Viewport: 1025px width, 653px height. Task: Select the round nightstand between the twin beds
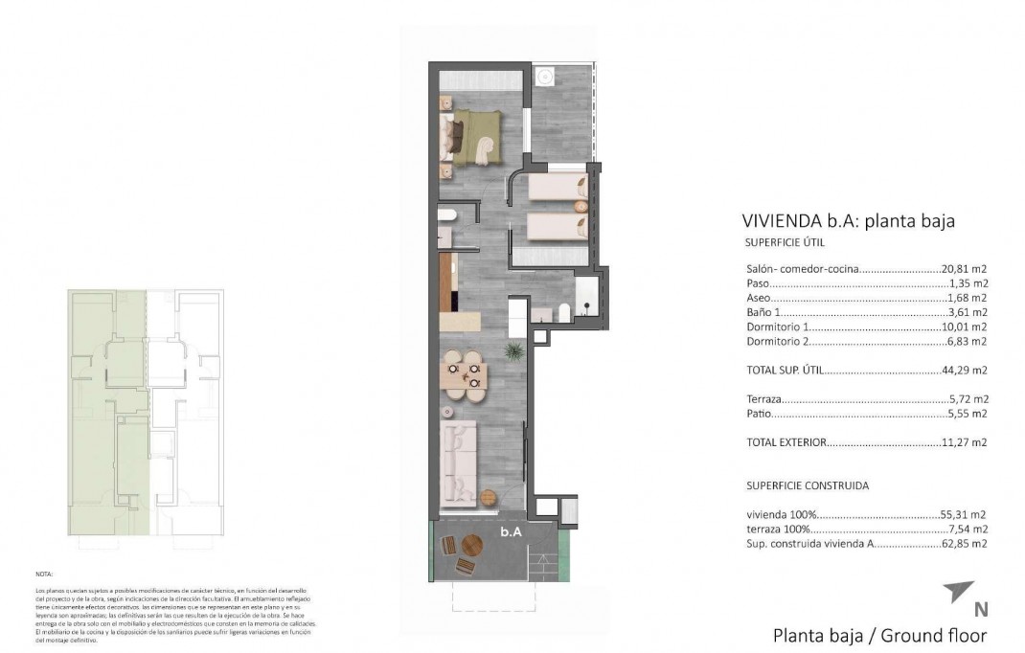pos(580,205)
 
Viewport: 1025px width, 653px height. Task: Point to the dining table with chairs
pos(464,374)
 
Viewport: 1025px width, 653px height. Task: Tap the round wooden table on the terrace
pos(472,546)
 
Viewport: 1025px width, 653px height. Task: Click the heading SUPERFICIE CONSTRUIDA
pos(807,485)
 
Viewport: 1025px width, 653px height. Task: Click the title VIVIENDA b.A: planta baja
pos(848,221)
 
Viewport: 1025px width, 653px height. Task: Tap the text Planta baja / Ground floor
pos(879,635)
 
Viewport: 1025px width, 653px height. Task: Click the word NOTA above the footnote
pos(44,574)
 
